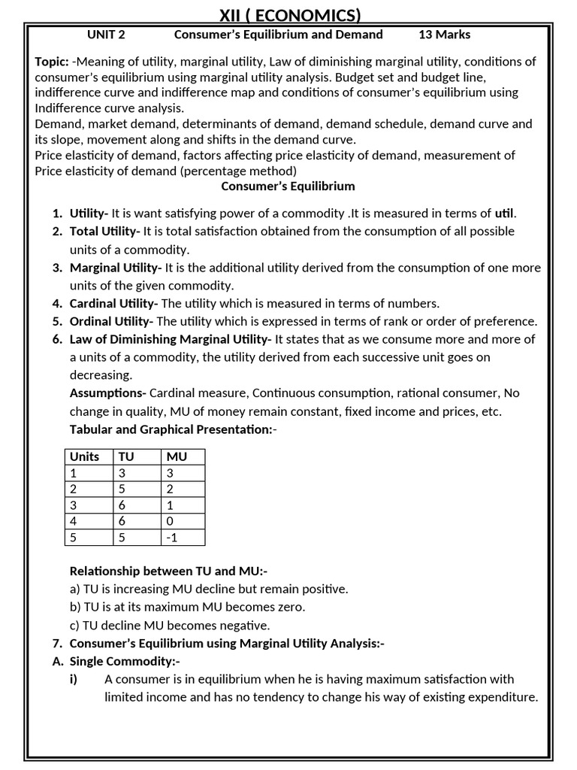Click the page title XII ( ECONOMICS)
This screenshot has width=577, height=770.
coord(289,15)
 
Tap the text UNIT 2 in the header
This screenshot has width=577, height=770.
coord(106,35)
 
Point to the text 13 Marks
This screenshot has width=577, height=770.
coord(444,35)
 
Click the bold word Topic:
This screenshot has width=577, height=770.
coord(52,62)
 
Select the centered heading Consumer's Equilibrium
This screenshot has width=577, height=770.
coord(288,186)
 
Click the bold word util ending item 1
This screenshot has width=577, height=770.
coord(505,214)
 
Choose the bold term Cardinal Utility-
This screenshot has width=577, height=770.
coord(113,304)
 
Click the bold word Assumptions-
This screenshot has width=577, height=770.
coord(107,393)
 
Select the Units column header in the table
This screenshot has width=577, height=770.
coord(84,457)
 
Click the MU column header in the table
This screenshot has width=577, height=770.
coord(177,457)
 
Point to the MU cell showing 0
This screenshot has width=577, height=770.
coord(171,521)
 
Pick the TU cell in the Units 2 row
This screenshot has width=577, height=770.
coord(123,490)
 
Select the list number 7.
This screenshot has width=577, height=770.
coord(57,644)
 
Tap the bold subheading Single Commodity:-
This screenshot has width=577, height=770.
coord(125,662)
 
